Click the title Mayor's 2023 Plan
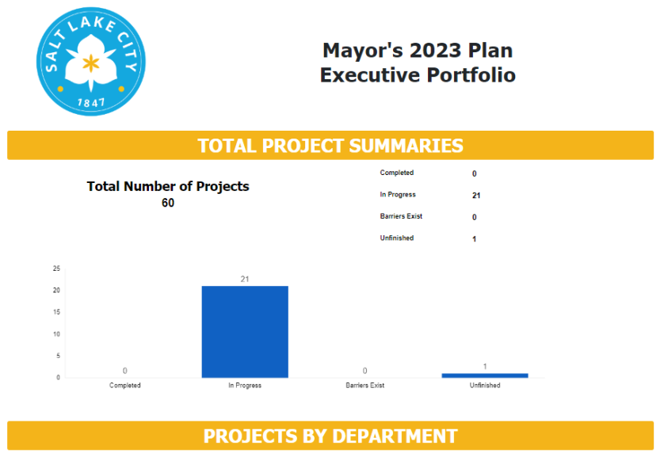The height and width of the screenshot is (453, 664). [x=417, y=51]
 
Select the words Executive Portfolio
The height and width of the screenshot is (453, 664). [x=417, y=75]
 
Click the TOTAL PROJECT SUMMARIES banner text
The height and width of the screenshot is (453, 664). [x=330, y=146]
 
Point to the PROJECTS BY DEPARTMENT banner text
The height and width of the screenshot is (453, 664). [x=330, y=436]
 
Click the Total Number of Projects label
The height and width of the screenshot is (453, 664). [x=168, y=187]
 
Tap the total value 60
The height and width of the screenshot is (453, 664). [x=168, y=204]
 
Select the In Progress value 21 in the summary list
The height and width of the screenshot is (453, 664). [x=475, y=196]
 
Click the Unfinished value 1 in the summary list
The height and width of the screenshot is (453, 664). [x=474, y=239]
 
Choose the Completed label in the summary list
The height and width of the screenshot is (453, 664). [x=396, y=173]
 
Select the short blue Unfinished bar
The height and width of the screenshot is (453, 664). [x=485, y=375]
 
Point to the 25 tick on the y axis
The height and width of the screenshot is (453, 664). [x=56, y=268]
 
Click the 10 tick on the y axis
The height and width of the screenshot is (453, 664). [x=56, y=334]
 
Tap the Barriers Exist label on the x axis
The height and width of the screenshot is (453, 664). [x=365, y=386]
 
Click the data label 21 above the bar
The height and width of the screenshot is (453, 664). [x=245, y=280]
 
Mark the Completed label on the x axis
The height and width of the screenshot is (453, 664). [x=125, y=386]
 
